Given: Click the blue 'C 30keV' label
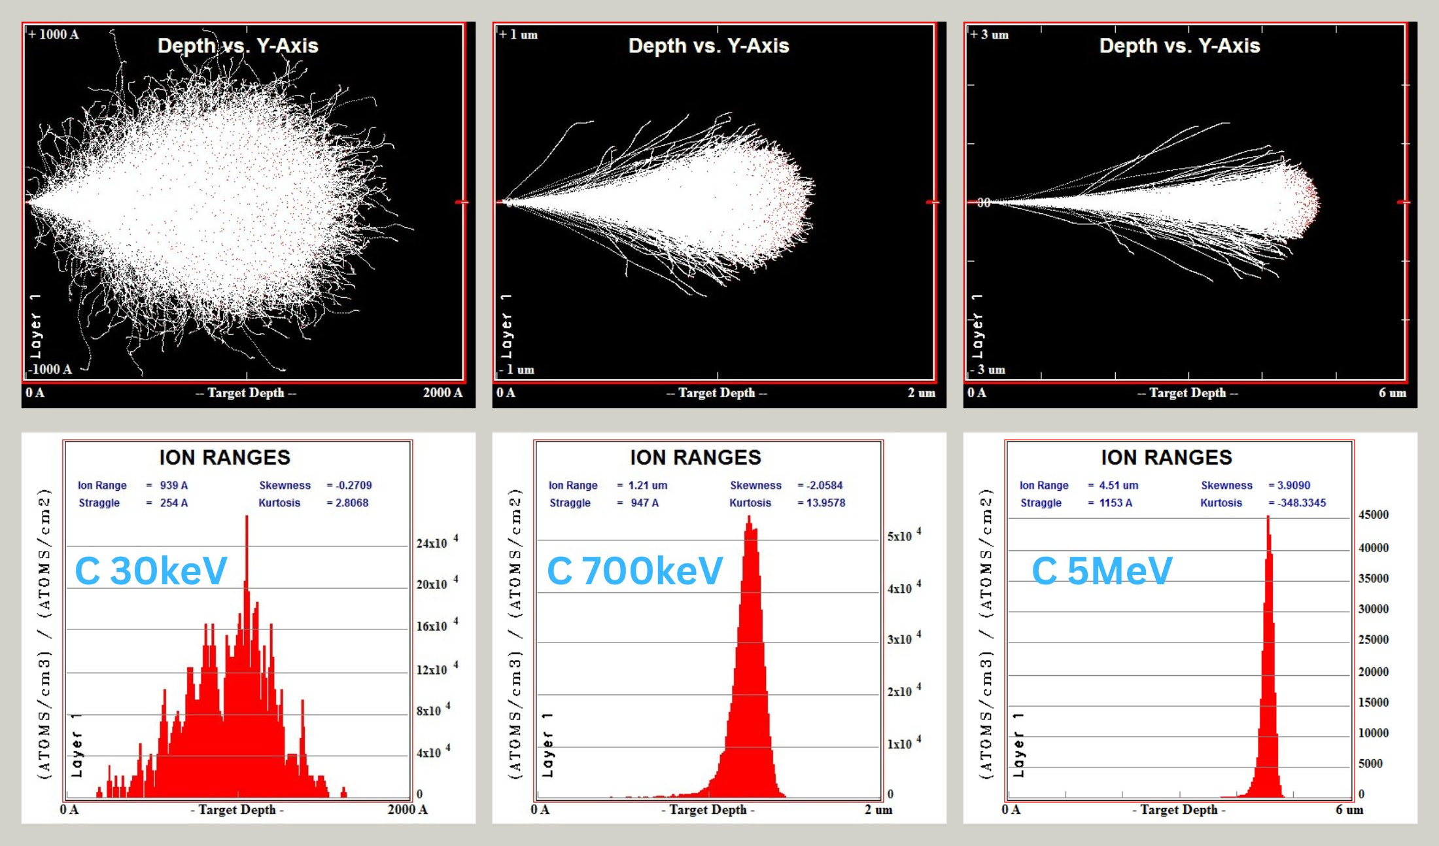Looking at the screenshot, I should (x=151, y=571).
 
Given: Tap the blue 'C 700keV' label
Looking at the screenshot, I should (x=634, y=571).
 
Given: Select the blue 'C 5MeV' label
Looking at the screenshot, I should (x=1102, y=571).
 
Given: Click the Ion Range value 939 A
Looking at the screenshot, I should (x=174, y=485).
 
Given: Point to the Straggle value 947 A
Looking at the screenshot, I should (x=644, y=503).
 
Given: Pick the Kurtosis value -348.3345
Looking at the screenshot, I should (x=1302, y=503).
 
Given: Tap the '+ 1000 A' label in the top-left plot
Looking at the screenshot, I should (x=54, y=35).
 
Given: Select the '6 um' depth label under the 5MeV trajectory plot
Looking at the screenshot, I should (x=1393, y=393).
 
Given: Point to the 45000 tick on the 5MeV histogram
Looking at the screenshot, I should (x=1374, y=515).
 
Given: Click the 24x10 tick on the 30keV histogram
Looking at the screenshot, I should (x=433, y=543).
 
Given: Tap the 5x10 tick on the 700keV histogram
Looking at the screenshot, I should (x=901, y=537).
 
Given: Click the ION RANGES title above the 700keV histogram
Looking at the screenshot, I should (x=695, y=457).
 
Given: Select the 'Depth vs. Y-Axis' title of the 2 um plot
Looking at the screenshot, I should (x=708, y=46).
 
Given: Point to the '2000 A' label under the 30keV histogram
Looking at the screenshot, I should (x=407, y=810).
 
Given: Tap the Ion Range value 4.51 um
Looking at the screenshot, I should (x=1118, y=485).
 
